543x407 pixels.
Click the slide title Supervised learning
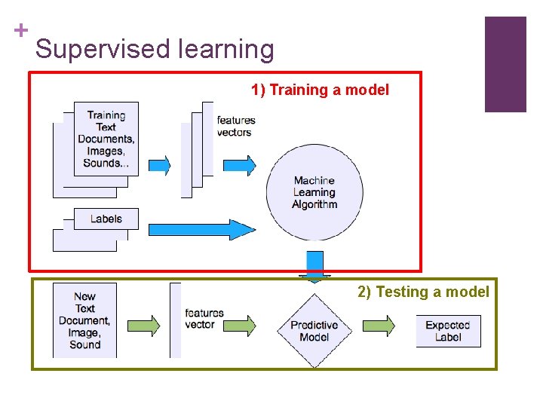155,50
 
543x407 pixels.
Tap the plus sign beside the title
20,30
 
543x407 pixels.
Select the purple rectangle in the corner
505,64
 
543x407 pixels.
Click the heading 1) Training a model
320,90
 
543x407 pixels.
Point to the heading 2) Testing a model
423,292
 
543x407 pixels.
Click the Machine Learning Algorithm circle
314,192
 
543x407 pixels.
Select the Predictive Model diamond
314,331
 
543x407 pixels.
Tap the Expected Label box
448,331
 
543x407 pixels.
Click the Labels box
106,219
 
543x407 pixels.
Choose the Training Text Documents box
106,139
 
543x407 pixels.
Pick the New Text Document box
84,320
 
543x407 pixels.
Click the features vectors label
235,126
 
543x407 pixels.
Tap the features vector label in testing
204,319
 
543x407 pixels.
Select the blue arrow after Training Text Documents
159,165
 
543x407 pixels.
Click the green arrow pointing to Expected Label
379,325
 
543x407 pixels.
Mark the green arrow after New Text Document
144,325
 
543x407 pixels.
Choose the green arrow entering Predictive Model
240,325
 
